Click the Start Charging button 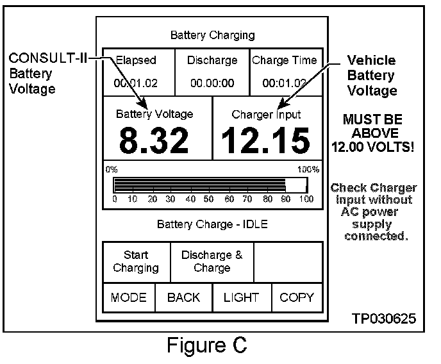click(136, 261)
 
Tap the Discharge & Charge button click(212, 261)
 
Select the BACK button click(183, 297)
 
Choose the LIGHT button click(241, 297)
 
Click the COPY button click(297, 297)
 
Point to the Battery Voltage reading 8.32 click(154, 141)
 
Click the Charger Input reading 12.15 click(266, 141)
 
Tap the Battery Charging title click(212, 35)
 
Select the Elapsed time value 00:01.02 click(135, 83)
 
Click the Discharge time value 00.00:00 click(212, 83)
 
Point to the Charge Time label click(284, 61)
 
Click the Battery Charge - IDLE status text click(212, 225)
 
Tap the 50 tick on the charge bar click(208, 199)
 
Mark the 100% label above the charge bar click(308, 170)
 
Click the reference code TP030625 click(382, 318)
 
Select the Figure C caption click(206, 346)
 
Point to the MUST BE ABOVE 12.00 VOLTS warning click(373, 133)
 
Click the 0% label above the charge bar click(112, 170)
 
